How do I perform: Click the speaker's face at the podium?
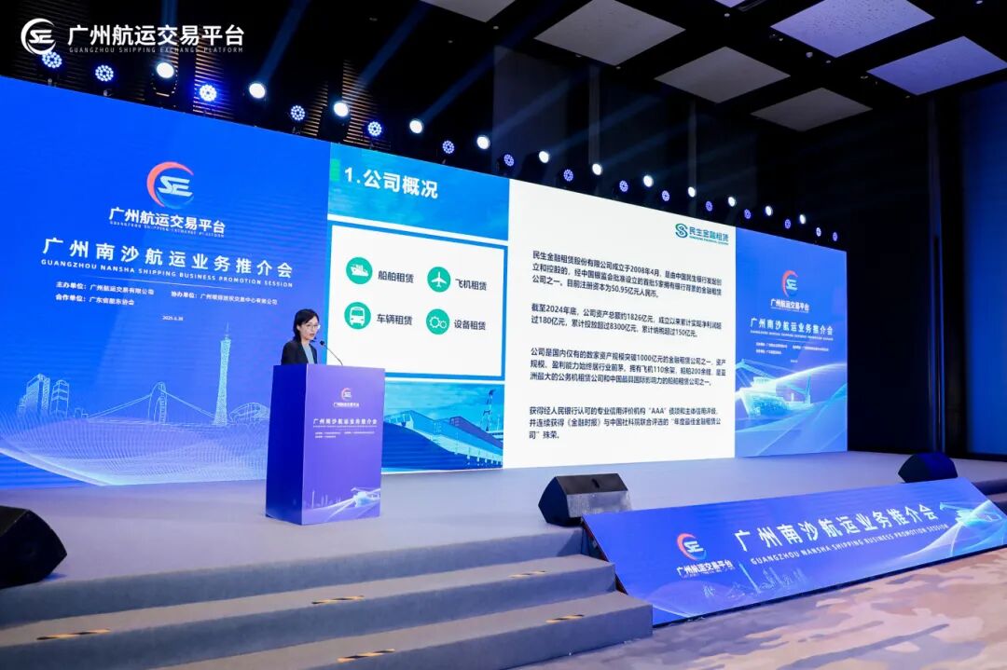[307, 326]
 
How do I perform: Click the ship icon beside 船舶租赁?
[358, 271]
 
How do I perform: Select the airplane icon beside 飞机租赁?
[438, 279]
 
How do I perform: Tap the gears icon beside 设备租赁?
[437, 321]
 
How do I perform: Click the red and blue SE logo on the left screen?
[170, 185]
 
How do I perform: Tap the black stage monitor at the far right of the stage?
[927, 467]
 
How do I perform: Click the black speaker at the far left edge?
[28, 545]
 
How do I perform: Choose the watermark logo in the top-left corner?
[38, 36]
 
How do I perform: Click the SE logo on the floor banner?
[691, 546]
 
